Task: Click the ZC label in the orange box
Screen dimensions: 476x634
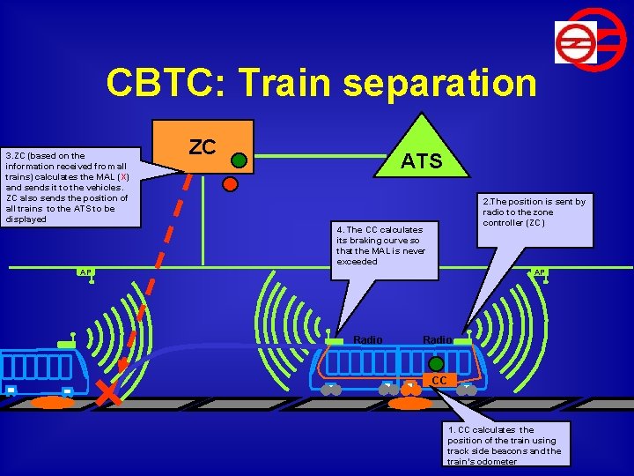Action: (x=203, y=147)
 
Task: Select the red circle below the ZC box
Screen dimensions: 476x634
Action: (x=231, y=184)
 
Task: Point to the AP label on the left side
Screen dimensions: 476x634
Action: (x=85, y=271)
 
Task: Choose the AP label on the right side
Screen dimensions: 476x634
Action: (x=540, y=272)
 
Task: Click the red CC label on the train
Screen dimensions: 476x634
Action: (x=439, y=380)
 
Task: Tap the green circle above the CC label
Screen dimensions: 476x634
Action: (x=436, y=363)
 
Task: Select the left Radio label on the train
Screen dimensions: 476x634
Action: (x=368, y=340)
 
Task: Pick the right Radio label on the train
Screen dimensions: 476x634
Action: (x=438, y=340)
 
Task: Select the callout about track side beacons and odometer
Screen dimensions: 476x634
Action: (x=507, y=443)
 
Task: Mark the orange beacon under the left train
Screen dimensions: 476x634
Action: (x=53, y=402)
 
